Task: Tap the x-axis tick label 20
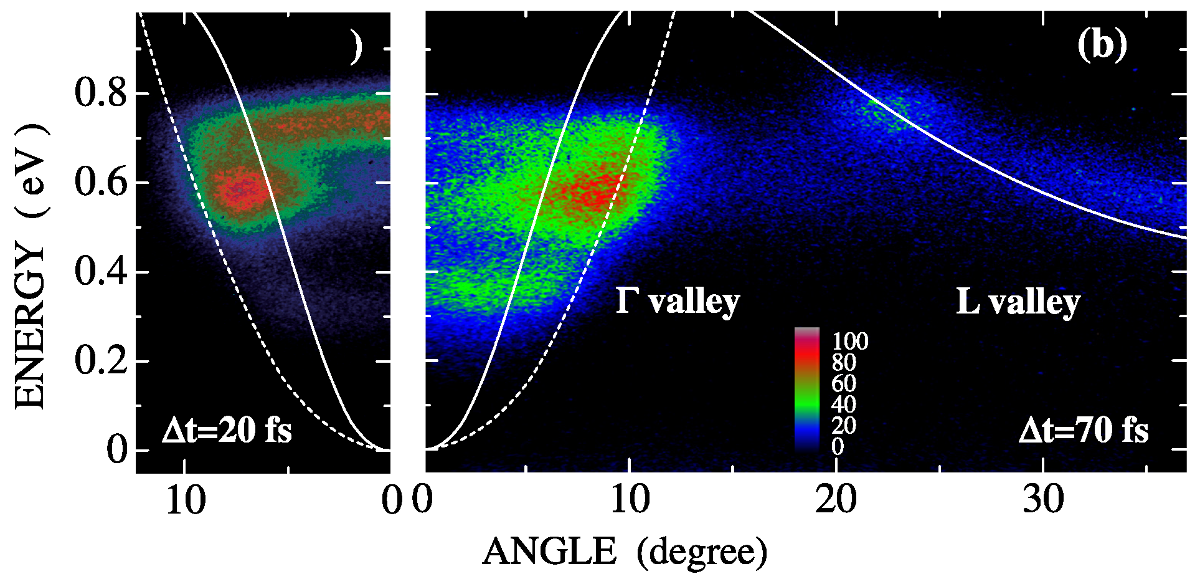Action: pyautogui.click(x=836, y=500)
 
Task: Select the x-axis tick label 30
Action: pyautogui.click(x=1044, y=500)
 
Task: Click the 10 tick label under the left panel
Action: pyautogui.click(x=185, y=500)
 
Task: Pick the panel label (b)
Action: pyautogui.click(x=1102, y=45)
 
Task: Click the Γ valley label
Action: pyautogui.click(x=678, y=302)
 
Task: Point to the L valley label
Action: pyautogui.click(x=1018, y=302)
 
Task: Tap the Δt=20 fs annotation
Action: pyautogui.click(x=227, y=431)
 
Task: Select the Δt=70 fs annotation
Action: pyautogui.click(x=1084, y=431)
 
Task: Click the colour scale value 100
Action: pyautogui.click(x=850, y=342)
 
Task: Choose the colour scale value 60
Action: pyautogui.click(x=844, y=383)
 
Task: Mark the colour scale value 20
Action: pyautogui.click(x=844, y=426)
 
